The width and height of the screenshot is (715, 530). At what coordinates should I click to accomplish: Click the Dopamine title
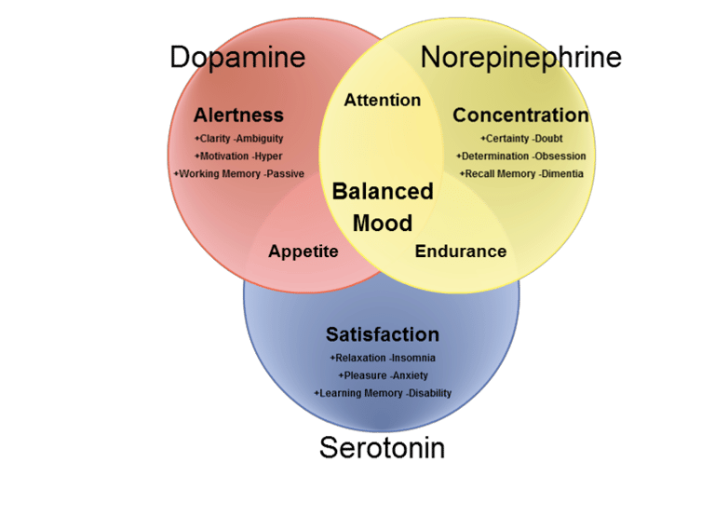pyautogui.click(x=237, y=58)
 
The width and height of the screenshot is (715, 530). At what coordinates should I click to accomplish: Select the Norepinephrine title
pyautogui.click(x=521, y=58)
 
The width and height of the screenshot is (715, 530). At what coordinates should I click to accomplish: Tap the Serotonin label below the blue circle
pyautogui.click(x=382, y=448)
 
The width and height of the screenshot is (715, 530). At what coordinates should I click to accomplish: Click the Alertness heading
pyautogui.click(x=238, y=116)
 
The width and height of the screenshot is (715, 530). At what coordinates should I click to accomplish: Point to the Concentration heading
pyautogui.click(x=520, y=116)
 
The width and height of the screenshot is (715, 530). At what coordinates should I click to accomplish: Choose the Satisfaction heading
pyautogui.click(x=382, y=334)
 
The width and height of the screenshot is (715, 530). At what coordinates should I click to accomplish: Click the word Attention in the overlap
pyautogui.click(x=383, y=100)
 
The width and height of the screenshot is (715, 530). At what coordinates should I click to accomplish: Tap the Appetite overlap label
pyautogui.click(x=304, y=251)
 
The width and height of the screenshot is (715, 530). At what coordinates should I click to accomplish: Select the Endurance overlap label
pyautogui.click(x=461, y=251)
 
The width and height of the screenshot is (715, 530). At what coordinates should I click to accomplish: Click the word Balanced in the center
pyautogui.click(x=383, y=192)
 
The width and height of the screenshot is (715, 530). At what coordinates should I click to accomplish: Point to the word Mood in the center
pyautogui.click(x=383, y=224)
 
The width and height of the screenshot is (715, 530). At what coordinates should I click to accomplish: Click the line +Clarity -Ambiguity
pyautogui.click(x=238, y=139)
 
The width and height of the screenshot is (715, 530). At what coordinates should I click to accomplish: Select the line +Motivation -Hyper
pyautogui.click(x=238, y=156)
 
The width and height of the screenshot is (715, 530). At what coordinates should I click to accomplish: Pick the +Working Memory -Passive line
pyautogui.click(x=238, y=173)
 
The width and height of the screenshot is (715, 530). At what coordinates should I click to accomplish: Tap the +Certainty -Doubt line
pyautogui.click(x=521, y=139)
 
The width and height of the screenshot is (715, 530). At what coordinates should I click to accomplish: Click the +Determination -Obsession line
pyautogui.click(x=521, y=156)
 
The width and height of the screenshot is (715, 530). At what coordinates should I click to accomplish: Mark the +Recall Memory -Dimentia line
pyautogui.click(x=521, y=173)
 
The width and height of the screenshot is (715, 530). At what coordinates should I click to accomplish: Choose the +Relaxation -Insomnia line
pyautogui.click(x=383, y=358)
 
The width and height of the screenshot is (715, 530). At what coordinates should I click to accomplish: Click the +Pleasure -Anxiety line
pyautogui.click(x=383, y=375)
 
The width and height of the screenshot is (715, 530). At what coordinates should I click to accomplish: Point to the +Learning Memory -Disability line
pyautogui.click(x=383, y=393)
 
